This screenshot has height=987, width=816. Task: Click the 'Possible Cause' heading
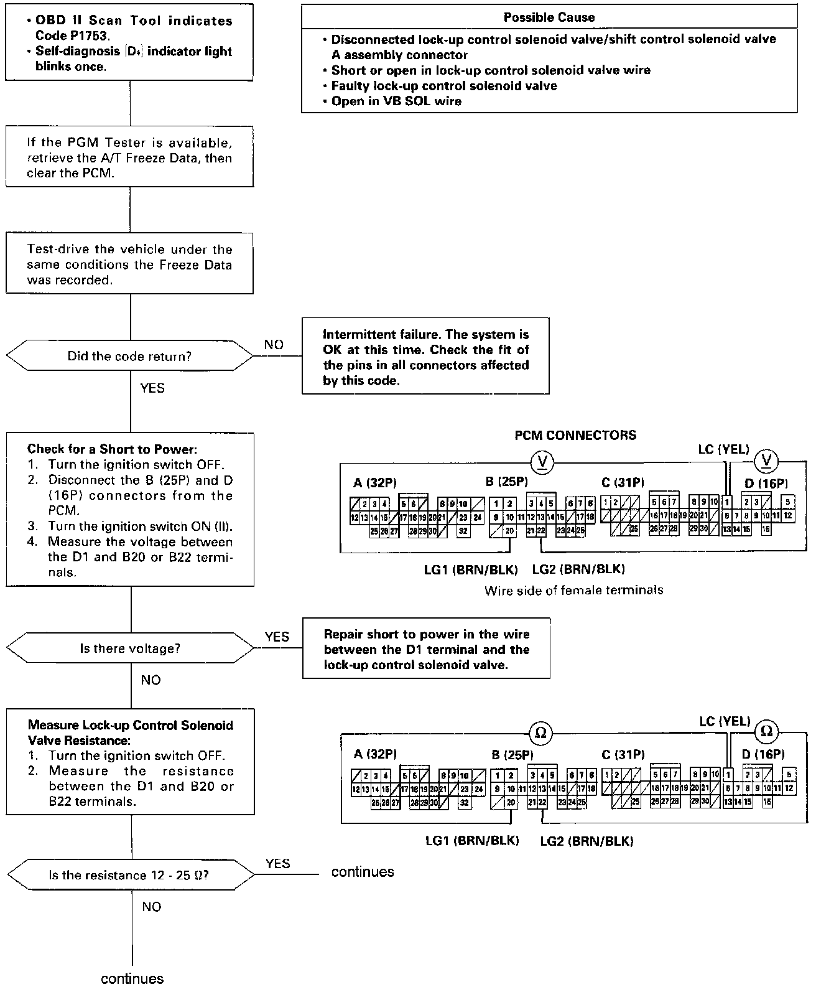point(549,17)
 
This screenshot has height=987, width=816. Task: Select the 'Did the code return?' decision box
point(129,357)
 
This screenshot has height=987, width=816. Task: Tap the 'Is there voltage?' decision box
point(129,648)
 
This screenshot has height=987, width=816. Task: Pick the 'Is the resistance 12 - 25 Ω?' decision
point(129,876)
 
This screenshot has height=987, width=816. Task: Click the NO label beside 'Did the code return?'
point(274,345)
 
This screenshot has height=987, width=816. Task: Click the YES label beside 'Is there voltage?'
point(277,637)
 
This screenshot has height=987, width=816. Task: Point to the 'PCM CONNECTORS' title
point(575,435)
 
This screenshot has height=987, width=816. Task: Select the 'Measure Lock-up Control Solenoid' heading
point(131,726)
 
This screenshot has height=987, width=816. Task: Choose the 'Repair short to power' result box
point(426,649)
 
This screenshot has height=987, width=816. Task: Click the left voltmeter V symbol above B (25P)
point(543,461)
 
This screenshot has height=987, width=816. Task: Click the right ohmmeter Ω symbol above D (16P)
point(766,731)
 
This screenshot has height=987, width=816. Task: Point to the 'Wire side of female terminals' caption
point(573,590)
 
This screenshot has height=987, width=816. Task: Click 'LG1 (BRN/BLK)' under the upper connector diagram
point(471,569)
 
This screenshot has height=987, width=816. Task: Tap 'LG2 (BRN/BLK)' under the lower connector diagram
point(586,841)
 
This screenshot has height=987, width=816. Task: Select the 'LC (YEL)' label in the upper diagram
point(724,449)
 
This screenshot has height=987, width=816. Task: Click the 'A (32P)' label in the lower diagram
point(375,754)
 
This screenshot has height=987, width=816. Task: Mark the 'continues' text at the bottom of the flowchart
point(132,979)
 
